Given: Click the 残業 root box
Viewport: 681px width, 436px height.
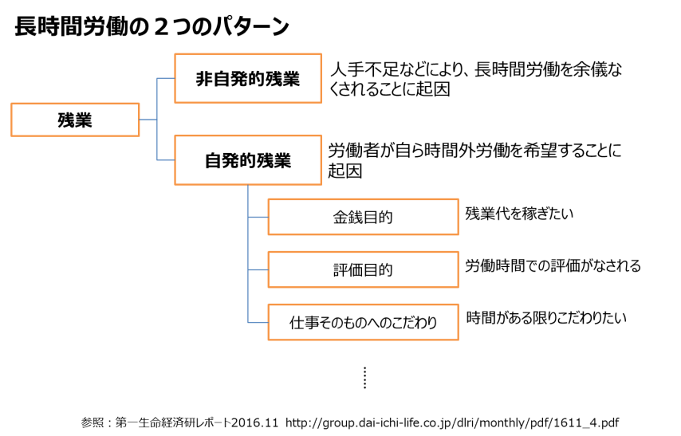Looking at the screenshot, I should (75, 120).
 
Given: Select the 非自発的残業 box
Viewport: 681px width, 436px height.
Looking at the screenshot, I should (248, 78).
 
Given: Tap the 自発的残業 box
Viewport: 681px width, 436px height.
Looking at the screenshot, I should (248, 160).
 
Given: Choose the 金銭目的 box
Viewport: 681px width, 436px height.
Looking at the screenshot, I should (363, 217).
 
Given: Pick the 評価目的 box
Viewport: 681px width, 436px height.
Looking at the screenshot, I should (363, 269).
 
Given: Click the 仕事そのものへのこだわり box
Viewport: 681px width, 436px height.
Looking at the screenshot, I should (363, 322).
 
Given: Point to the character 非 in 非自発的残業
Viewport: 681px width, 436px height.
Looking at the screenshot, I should (205, 79).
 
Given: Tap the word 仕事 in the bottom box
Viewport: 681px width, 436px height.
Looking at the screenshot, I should (305, 323).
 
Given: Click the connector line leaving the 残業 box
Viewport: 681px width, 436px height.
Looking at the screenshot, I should (148, 120).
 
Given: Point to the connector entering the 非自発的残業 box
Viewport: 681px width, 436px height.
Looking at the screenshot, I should (166, 78).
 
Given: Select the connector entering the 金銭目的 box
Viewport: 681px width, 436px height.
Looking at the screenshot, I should (258, 217).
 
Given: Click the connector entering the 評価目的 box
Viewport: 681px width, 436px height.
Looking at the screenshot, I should (258, 269).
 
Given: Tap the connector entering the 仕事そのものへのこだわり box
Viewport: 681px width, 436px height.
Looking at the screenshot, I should (258, 322).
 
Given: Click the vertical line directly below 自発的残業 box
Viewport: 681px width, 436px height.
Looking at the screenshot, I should (248, 199).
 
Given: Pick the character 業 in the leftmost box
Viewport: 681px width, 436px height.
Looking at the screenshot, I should (84, 120).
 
